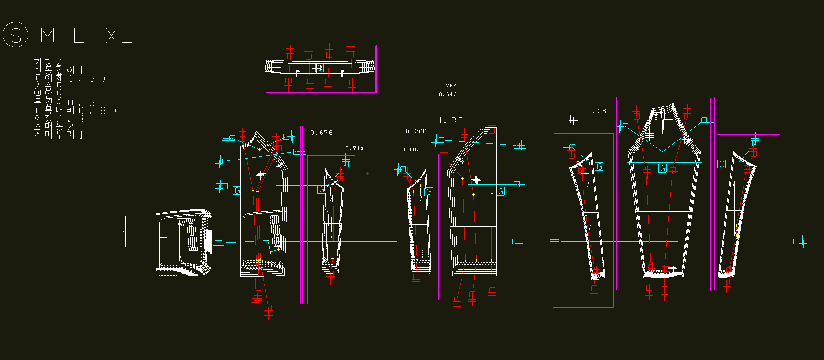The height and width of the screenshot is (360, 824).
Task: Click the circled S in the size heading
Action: point(16,36)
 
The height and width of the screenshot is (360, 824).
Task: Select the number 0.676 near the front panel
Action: point(322,132)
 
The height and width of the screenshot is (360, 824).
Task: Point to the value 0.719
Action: point(354,148)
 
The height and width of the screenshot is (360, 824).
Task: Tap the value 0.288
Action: point(416,131)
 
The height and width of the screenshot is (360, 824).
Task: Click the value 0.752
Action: point(447,86)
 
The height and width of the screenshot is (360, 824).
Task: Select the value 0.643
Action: point(447,94)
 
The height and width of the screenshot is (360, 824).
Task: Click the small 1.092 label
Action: point(411,150)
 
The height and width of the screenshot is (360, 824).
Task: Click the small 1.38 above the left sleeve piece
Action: point(597,111)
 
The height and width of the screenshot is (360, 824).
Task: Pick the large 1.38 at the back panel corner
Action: point(451,120)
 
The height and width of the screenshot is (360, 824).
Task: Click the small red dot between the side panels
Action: point(367,173)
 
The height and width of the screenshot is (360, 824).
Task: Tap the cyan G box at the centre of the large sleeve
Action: point(662,168)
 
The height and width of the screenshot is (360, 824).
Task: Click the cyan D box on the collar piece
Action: point(320,68)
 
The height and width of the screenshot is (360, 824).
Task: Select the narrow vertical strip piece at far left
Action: point(123,231)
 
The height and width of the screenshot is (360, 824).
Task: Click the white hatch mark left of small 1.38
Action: point(571,119)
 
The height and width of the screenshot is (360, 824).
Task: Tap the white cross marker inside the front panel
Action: point(261,174)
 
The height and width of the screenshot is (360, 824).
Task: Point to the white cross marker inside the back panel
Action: point(476,180)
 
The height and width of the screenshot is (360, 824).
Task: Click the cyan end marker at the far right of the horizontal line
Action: point(799,241)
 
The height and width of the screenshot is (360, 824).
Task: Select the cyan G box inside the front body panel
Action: point(237,190)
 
